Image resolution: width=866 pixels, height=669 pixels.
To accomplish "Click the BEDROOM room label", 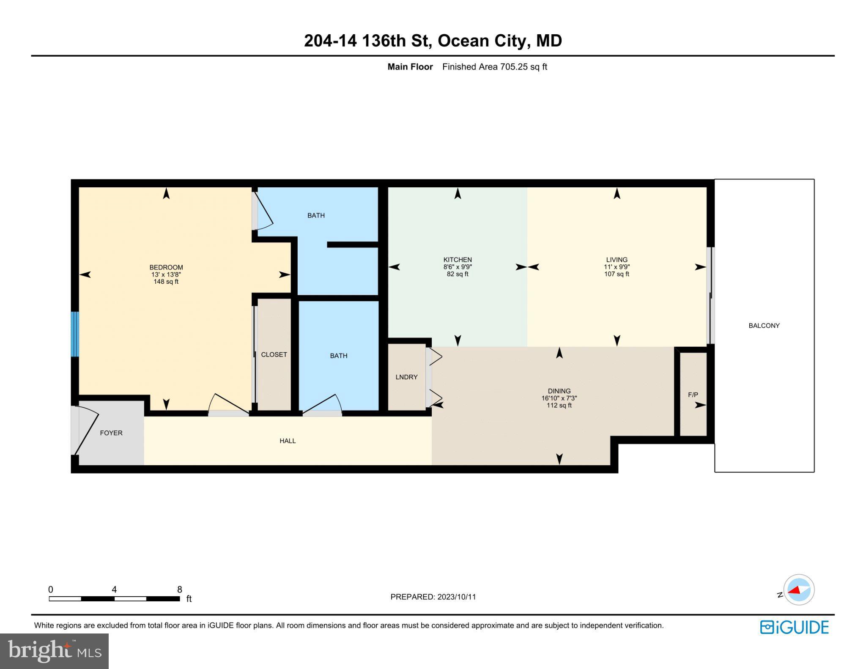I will [166, 267].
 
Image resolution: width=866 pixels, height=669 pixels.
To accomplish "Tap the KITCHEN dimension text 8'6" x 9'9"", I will [457, 267].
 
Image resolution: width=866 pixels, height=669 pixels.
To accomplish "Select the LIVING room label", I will [616, 260].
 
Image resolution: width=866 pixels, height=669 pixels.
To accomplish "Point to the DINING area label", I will [559, 391].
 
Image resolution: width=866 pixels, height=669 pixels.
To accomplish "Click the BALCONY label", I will [764, 326].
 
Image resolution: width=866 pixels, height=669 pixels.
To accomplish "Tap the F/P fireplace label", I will [693, 395].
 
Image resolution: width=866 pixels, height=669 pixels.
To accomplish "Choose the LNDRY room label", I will [406, 377].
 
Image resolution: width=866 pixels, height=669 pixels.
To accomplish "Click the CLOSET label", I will [274, 354].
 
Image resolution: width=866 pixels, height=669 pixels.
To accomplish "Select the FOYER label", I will [111, 433].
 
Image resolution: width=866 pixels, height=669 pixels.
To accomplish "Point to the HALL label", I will [288, 441].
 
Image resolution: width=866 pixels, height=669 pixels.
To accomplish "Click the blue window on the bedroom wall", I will [75, 334].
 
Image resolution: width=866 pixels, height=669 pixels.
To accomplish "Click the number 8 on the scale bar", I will [179, 589].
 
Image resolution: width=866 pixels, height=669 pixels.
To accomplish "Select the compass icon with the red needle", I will [798, 590].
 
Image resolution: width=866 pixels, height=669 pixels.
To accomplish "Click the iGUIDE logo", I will [794, 627].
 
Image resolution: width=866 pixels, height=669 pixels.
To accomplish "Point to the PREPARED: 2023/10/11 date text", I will [433, 597].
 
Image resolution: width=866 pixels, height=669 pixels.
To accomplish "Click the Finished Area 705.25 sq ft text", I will [494, 67].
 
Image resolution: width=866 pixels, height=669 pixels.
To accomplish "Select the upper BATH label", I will [316, 215].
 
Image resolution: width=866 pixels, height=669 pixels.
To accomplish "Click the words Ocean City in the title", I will [482, 41].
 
